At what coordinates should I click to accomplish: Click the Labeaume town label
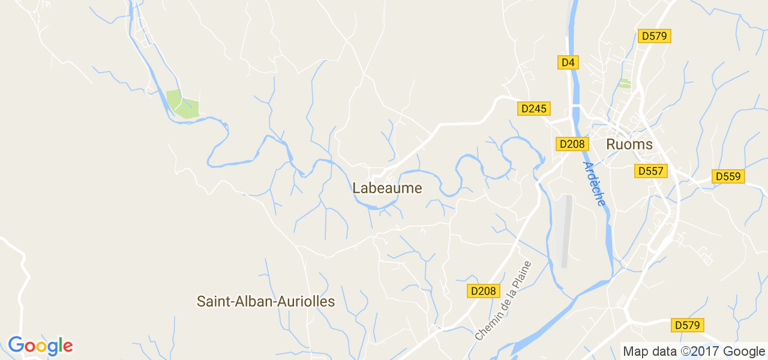point(387,188)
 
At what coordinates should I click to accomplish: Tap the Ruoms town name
point(629,145)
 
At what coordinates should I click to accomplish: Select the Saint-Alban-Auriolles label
point(266,302)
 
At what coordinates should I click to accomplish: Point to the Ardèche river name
point(594,184)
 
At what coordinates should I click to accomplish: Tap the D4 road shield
point(568,62)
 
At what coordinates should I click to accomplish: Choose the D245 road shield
point(533,109)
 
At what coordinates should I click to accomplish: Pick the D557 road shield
point(650,171)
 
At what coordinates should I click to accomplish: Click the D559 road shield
point(728,176)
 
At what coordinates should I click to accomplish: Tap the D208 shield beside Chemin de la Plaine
point(483,291)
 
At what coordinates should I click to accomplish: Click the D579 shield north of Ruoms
point(654,36)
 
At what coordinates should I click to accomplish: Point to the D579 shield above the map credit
point(687,325)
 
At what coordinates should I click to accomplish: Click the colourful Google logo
point(40,346)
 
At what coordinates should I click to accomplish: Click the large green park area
point(182,104)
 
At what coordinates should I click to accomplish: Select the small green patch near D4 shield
point(625,83)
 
